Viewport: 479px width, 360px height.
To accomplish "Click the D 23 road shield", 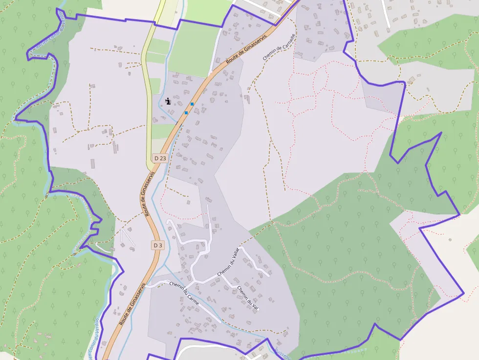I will click(160, 158).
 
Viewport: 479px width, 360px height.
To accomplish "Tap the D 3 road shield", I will click(157, 245).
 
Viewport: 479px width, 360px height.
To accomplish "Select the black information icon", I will click(168, 101).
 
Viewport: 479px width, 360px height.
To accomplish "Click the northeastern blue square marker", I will click(192, 104).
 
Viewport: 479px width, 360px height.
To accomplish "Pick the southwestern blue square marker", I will click(186, 113).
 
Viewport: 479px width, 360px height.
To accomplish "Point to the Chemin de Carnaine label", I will click(272, 47).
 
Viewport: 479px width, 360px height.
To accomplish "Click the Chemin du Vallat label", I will click(228, 262).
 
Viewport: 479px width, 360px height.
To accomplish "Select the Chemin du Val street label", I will click(247, 297).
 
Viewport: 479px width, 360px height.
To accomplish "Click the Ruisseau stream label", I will click(282, 353).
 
